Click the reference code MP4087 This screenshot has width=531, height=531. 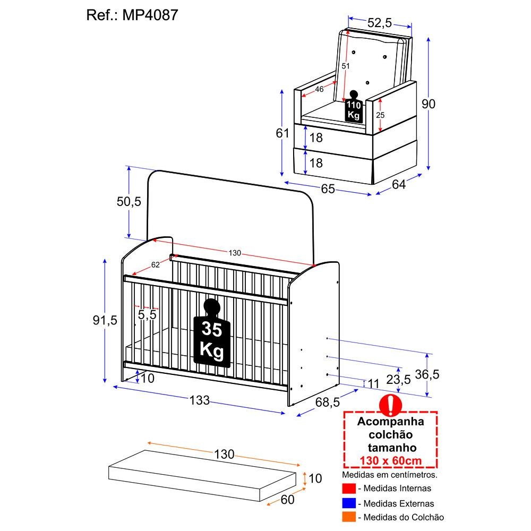pos(150,15)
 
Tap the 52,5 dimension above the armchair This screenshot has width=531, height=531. pos(380,23)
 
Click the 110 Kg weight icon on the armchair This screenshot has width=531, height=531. pos(354,106)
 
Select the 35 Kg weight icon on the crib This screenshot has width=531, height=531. pos(212,333)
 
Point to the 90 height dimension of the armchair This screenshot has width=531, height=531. pos(429,104)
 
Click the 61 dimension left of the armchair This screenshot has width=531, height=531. pos(282,133)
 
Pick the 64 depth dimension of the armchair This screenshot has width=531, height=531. pos(399,184)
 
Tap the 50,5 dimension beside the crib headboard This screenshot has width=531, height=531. pos(129,201)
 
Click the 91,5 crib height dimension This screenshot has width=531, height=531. pos(105,320)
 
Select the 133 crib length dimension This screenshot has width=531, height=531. pos(200,400)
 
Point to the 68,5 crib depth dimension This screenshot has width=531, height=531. pos(328,402)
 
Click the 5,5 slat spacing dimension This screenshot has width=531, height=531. pos(147,314)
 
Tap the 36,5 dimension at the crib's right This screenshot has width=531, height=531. pos(427,374)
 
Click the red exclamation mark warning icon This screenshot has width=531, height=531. pos(390,405)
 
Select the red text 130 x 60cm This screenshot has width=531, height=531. pos(391,460)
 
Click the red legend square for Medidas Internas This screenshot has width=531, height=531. pos(349,489)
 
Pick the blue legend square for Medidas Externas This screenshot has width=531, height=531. pos(349,503)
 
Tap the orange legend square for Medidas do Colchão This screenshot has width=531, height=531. pos(349,517)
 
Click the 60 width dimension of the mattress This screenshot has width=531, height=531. pos(287,500)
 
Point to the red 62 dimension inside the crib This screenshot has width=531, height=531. pos(156,265)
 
